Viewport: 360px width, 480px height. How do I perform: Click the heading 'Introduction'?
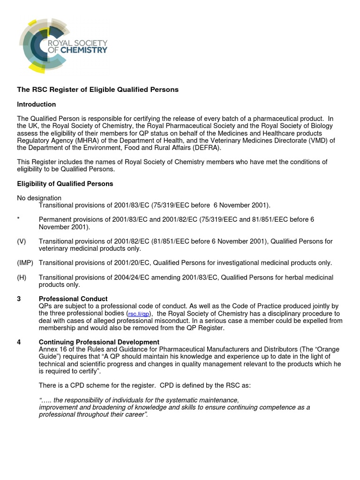37,104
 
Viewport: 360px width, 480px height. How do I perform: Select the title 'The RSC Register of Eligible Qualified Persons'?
97,90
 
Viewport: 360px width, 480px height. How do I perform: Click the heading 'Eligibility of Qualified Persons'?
65,184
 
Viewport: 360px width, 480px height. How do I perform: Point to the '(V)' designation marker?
22,241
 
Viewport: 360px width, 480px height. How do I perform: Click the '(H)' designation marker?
22,277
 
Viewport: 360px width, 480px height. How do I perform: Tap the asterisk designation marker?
18,219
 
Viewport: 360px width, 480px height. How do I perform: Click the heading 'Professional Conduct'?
73,299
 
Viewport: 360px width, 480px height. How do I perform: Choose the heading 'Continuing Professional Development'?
99,342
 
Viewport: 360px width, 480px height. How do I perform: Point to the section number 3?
19,299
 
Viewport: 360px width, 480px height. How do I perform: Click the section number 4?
19,342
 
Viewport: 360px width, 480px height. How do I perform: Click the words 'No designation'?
39,198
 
